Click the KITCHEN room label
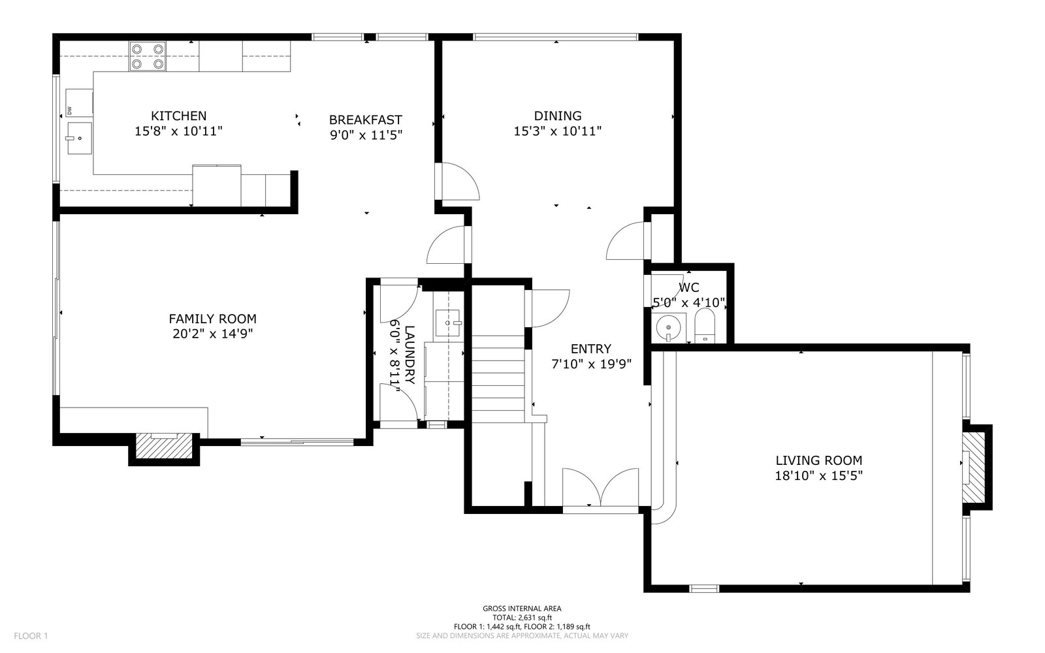pyautogui.click(x=178, y=116)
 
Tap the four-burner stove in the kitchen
pyautogui.click(x=148, y=56)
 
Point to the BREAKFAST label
pyautogui.click(x=365, y=120)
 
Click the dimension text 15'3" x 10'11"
pyautogui.click(x=558, y=131)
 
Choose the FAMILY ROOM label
pyautogui.click(x=213, y=319)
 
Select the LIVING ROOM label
pyautogui.click(x=819, y=460)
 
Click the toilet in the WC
pyautogui.click(x=705, y=326)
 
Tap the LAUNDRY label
pyautogui.click(x=409, y=355)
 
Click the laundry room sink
pyautogui.click(x=448, y=323)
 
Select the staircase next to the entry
pyautogui.click(x=498, y=379)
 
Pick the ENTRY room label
pyautogui.click(x=590, y=349)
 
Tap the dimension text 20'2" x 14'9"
pyautogui.click(x=213, y=334)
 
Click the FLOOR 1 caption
pyautogui.click(x=31, y=636)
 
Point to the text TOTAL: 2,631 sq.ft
pyautogui.click(x=522, y=618)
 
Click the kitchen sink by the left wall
pyautogui.click(x=79, y=138)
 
